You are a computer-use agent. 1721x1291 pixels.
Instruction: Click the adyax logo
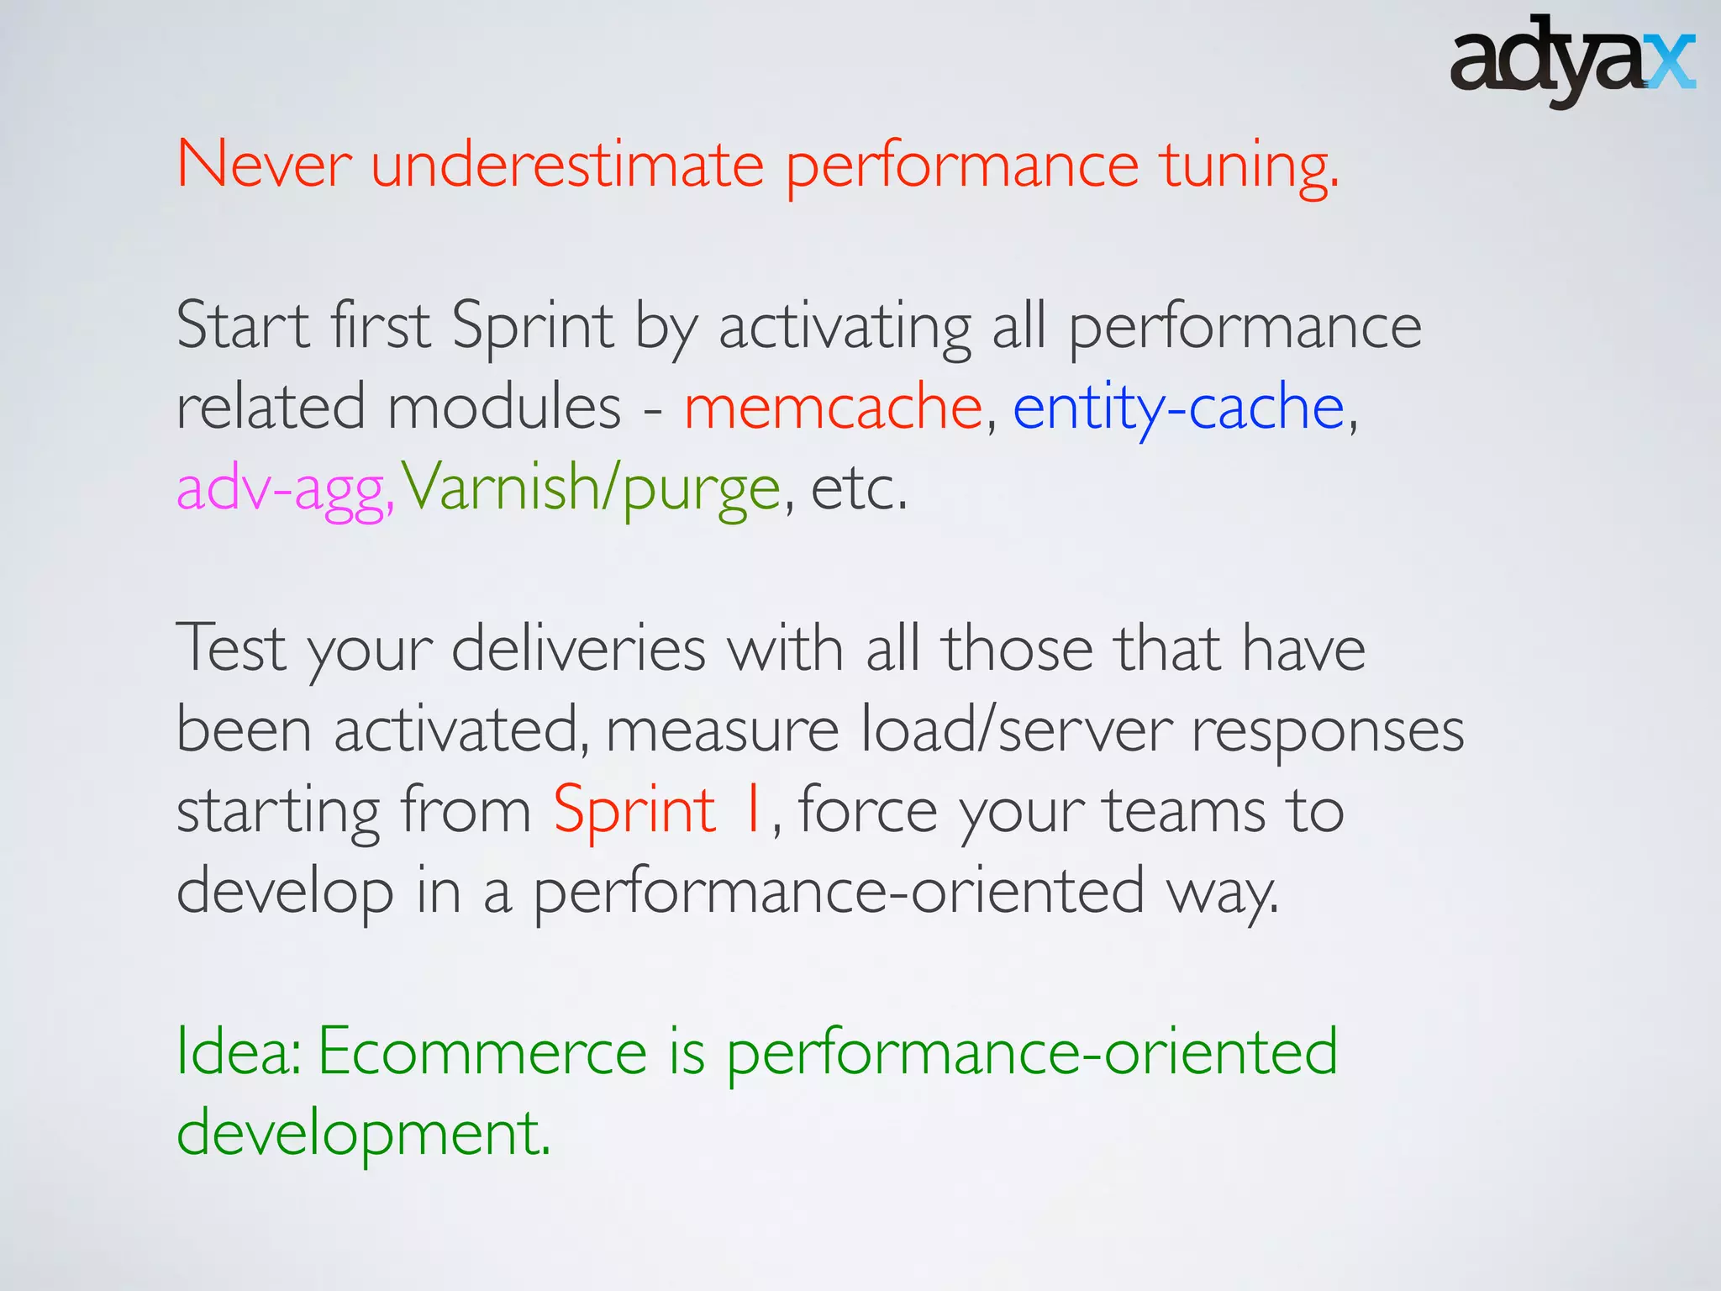click(x=1571, y=61)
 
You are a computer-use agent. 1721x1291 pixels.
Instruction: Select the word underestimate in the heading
click(x=567, y=165)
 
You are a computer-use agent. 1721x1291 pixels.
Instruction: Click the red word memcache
click(x=833, y=408)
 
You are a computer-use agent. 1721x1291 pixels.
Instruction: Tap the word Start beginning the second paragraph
click(x=244, y=326)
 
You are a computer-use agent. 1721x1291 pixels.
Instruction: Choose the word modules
click(x=504, y=408)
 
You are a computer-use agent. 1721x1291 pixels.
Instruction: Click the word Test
click(x=231, y=649)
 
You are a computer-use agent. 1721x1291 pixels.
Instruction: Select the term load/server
click(x=1016, y=730)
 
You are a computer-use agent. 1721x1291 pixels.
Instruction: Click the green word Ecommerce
click(x=482, y=1052)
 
